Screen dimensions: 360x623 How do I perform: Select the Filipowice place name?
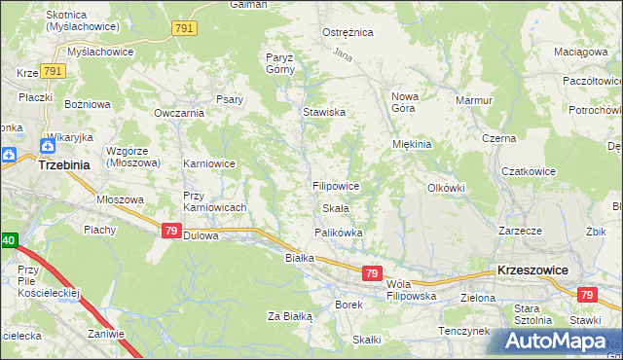337,185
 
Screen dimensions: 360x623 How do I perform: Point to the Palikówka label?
339,233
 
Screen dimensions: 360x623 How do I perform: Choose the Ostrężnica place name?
348,32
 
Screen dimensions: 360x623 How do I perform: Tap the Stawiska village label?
324,112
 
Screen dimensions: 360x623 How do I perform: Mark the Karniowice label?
209,163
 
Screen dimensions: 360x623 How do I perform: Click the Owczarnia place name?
178,112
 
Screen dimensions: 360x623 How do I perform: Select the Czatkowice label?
529,171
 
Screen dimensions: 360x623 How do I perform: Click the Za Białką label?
289,316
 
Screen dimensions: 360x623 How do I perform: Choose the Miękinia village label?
411,144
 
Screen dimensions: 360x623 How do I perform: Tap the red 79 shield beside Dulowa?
170,231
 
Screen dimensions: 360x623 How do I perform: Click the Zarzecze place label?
520,232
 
